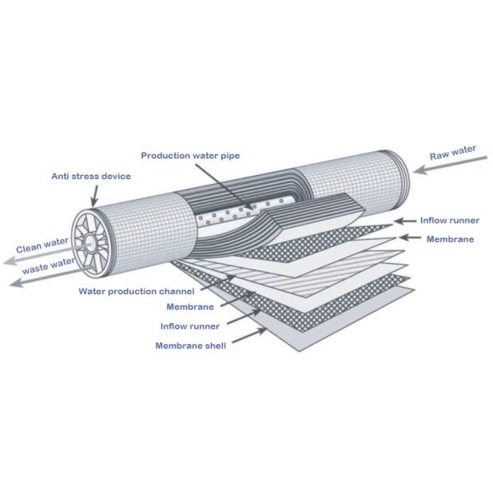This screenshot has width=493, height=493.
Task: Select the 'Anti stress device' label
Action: coord(91,175)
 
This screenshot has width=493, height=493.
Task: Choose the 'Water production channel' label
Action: coord(136,291)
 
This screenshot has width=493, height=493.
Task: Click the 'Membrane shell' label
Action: coord(191,345)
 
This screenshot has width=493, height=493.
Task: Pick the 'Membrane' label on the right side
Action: coord(450,238)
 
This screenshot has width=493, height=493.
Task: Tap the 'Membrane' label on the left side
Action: coord(190,306)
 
